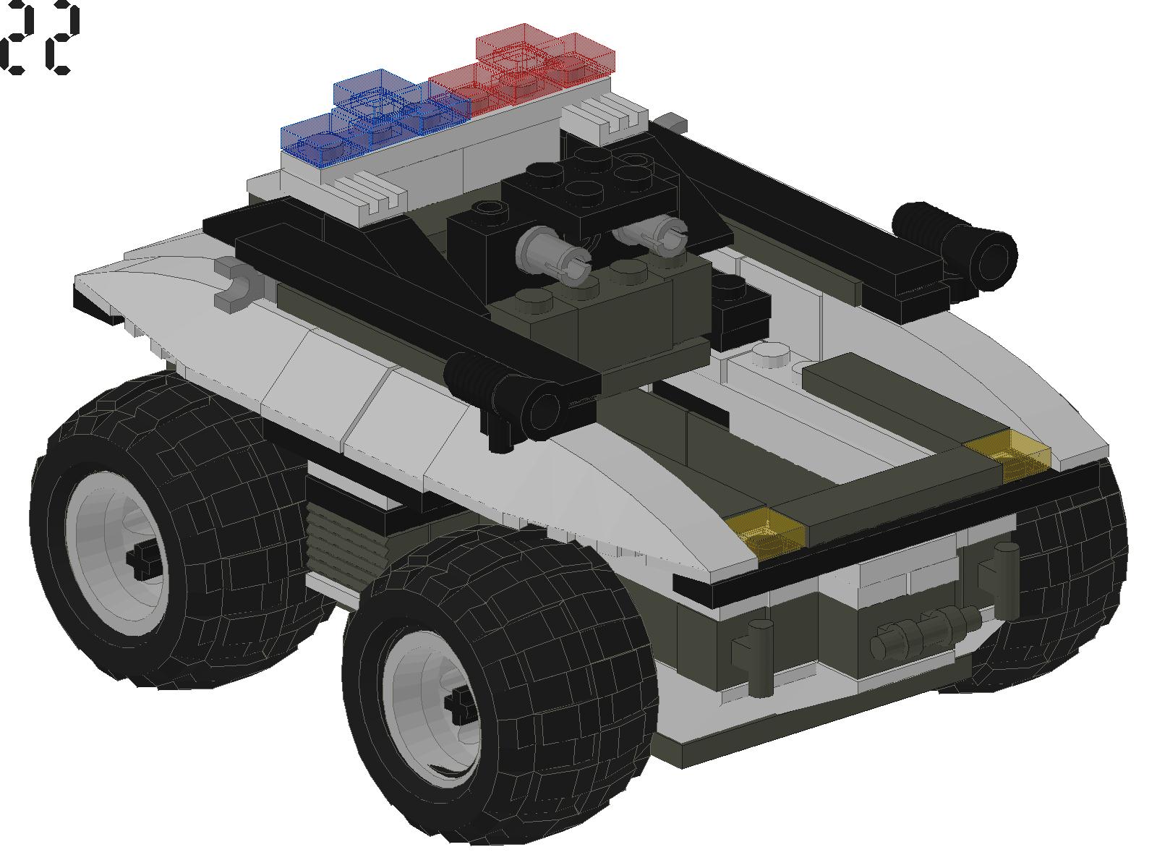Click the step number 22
click(x=40, y=38)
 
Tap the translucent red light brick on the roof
click(x=535, y=69)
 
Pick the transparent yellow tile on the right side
click(x=1009, y=448)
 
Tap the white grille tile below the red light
click(x=604, y=116)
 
